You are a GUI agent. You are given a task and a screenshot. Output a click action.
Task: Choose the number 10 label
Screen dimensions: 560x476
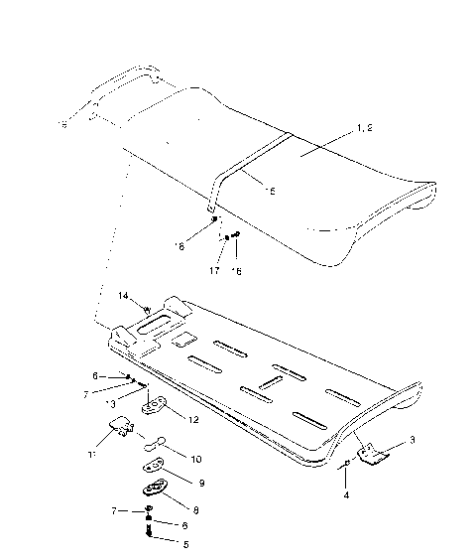tap(195, 460)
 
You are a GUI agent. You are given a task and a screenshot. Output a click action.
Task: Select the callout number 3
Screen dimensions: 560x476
tap(412, 439)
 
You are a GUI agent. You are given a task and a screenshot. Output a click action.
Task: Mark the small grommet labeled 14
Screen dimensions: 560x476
tap(148, 309)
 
